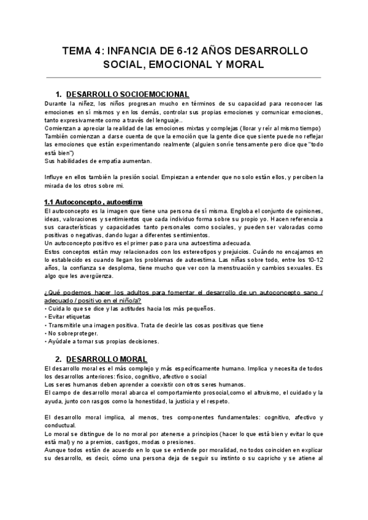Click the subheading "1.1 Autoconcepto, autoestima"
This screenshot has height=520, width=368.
[93, 202]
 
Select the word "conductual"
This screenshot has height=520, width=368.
[61, 425]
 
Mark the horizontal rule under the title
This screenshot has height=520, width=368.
[184, 78]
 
